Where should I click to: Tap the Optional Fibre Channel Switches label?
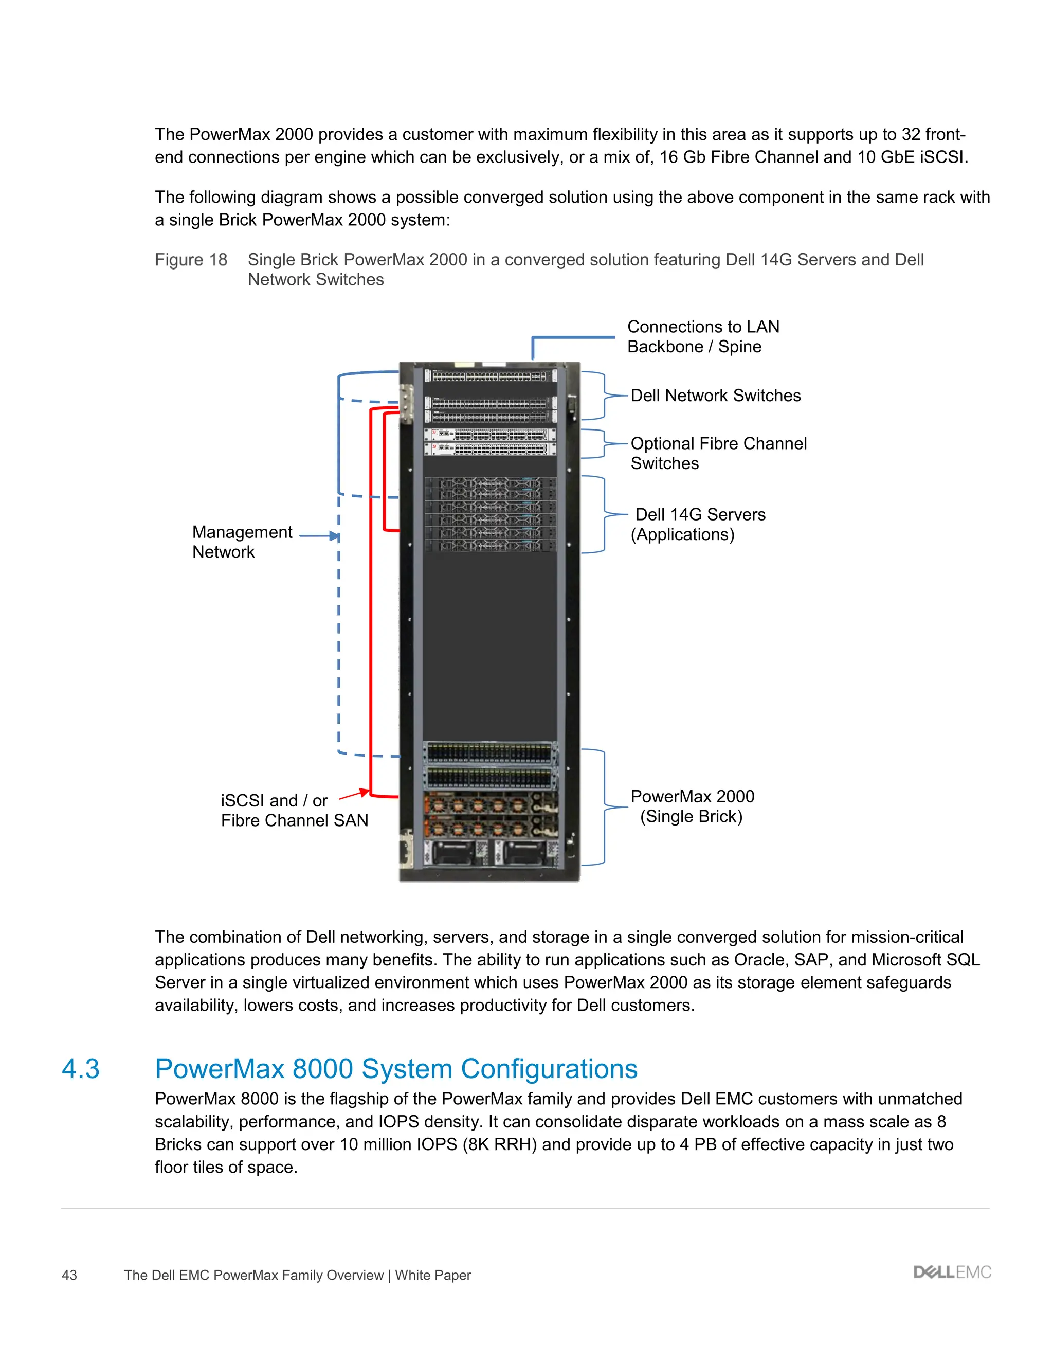718,453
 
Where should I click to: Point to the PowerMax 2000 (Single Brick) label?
692,806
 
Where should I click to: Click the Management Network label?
242,542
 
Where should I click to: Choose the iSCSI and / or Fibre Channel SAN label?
294,810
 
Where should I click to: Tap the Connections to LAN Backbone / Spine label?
702,336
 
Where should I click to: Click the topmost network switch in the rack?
489,375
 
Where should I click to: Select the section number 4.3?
81,1069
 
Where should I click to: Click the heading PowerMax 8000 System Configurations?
396,1069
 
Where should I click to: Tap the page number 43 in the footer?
69,1275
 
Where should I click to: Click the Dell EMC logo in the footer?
952,1272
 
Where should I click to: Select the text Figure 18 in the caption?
191,260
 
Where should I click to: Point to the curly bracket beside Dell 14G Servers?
604,514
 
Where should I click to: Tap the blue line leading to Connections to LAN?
573,337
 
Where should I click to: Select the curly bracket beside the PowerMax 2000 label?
604,807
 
